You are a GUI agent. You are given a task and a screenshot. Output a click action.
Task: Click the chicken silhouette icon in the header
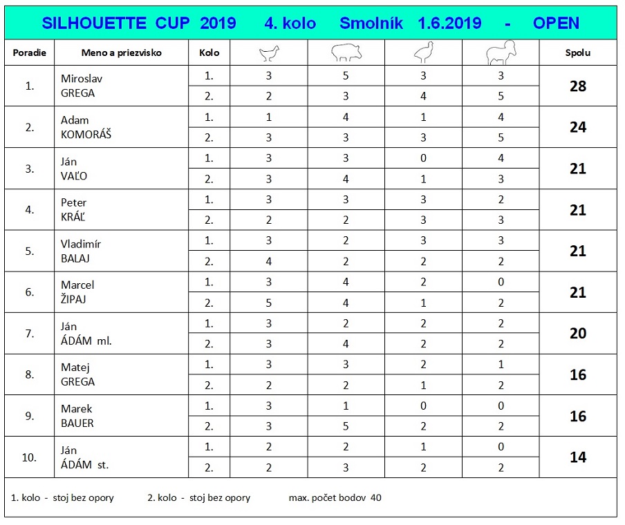[268, 53]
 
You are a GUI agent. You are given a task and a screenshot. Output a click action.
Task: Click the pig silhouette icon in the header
[346, 53]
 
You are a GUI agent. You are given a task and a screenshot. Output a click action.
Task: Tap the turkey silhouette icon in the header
[423, 53]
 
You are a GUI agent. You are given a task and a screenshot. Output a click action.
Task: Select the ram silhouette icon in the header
[501, 53]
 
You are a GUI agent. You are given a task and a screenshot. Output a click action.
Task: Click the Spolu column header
[578, 53]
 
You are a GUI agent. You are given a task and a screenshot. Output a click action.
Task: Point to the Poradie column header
[29, 53]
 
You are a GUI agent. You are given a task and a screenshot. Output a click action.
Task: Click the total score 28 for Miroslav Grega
[578, 86]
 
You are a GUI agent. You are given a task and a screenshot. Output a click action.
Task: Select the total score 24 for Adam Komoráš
[578, 127]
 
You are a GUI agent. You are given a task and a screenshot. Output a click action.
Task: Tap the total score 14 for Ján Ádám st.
[578, 457]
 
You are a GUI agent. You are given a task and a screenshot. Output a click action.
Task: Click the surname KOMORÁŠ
[86, 135]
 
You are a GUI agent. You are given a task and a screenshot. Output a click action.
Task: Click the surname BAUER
[77, 423]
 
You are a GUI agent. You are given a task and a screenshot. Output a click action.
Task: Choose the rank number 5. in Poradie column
[30, 251]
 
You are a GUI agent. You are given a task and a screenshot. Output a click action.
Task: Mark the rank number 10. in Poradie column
[30, 457]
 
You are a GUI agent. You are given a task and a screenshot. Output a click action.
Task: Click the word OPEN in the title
[556, 23]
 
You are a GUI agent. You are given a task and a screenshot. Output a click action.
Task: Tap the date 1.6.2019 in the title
[449, 23]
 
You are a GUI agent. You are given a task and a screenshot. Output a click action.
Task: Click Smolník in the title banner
[371, 23]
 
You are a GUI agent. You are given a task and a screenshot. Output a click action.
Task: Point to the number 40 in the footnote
[375, 497]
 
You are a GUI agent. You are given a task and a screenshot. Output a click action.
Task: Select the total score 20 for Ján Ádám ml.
[578, 334]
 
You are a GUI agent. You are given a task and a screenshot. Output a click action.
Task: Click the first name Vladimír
[81, 244]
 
